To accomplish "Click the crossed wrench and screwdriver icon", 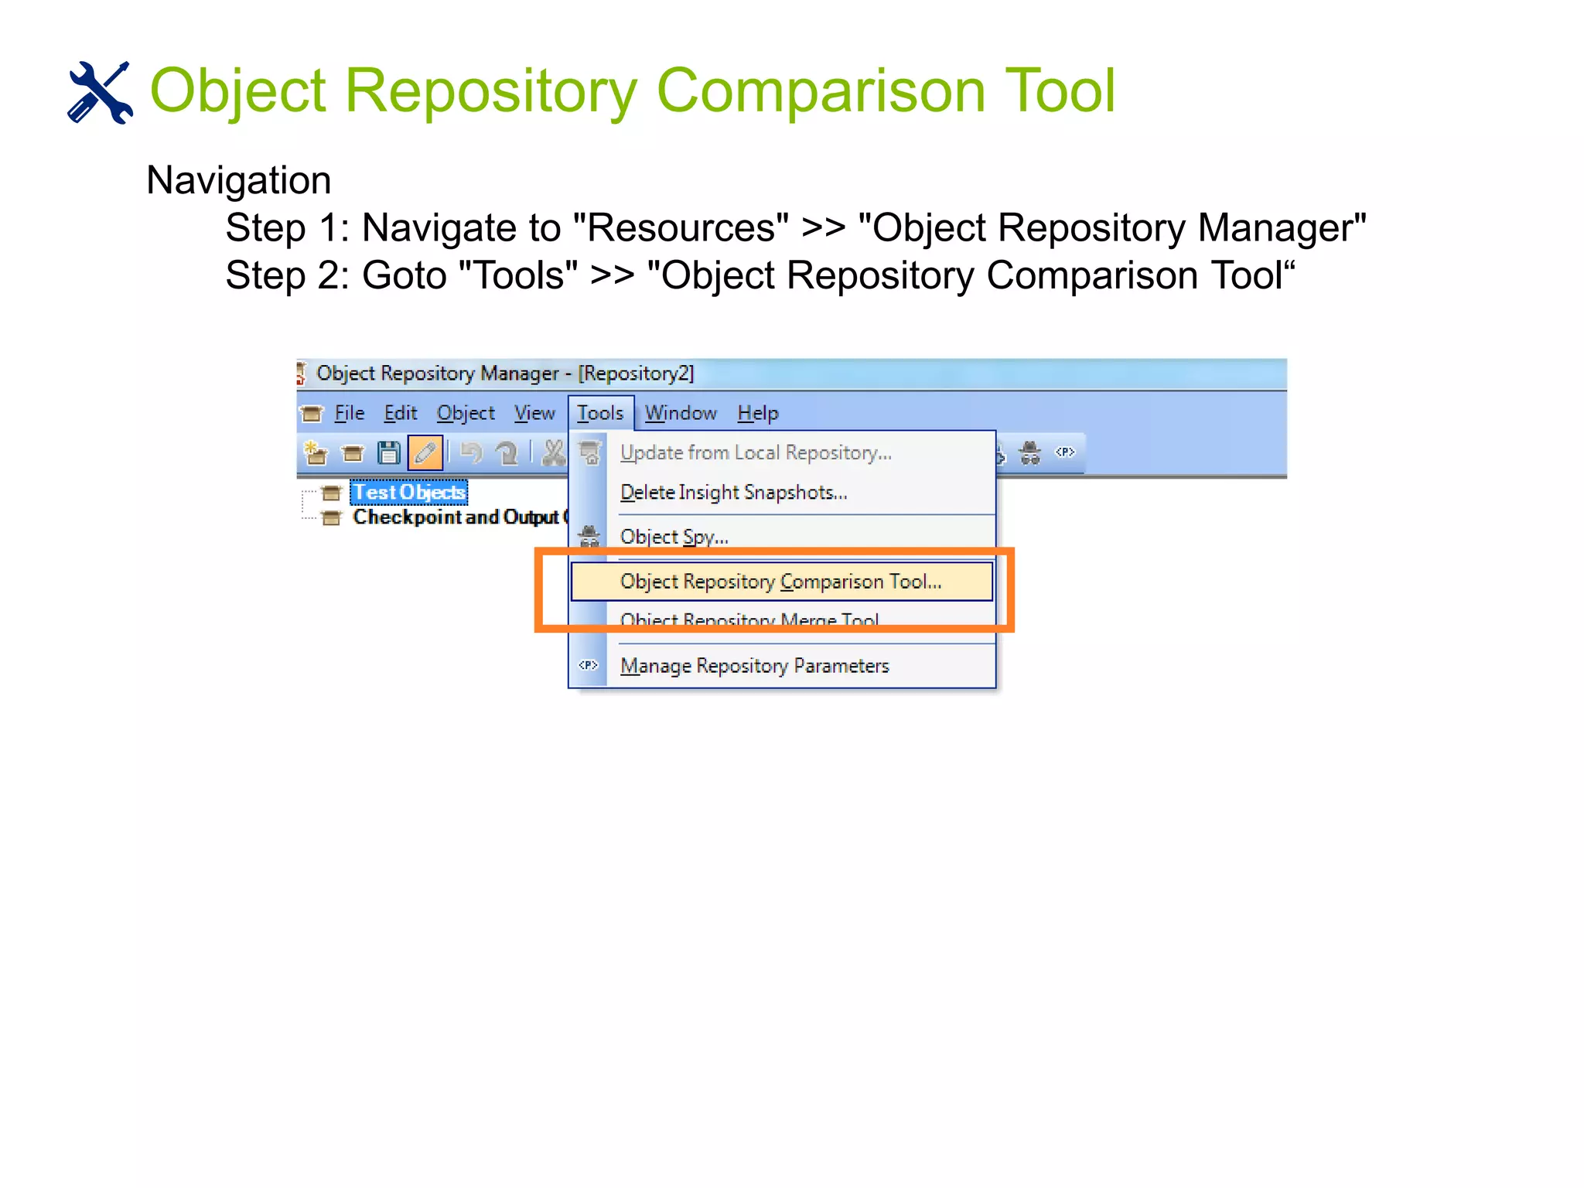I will point(100,92).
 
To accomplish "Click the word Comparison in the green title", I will point(821,90).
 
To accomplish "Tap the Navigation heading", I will point(238,180).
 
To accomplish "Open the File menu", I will point(349,413).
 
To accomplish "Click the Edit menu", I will point(400,413).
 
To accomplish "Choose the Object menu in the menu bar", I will point(465,413).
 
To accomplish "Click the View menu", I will point(534,413).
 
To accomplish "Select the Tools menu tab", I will point(600,413).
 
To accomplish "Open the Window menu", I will point(681,413).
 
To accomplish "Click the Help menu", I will point(757,413).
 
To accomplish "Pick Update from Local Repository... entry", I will point(756,452).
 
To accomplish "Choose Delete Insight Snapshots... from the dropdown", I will point(733,493).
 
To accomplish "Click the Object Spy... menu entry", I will point(674,537).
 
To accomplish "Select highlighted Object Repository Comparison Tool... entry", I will point(780,582).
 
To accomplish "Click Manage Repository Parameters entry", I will point(754,666).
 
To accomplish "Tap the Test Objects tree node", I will point(409,493).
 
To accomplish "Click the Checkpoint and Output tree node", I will point(456,517).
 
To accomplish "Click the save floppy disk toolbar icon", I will point(388,452).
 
